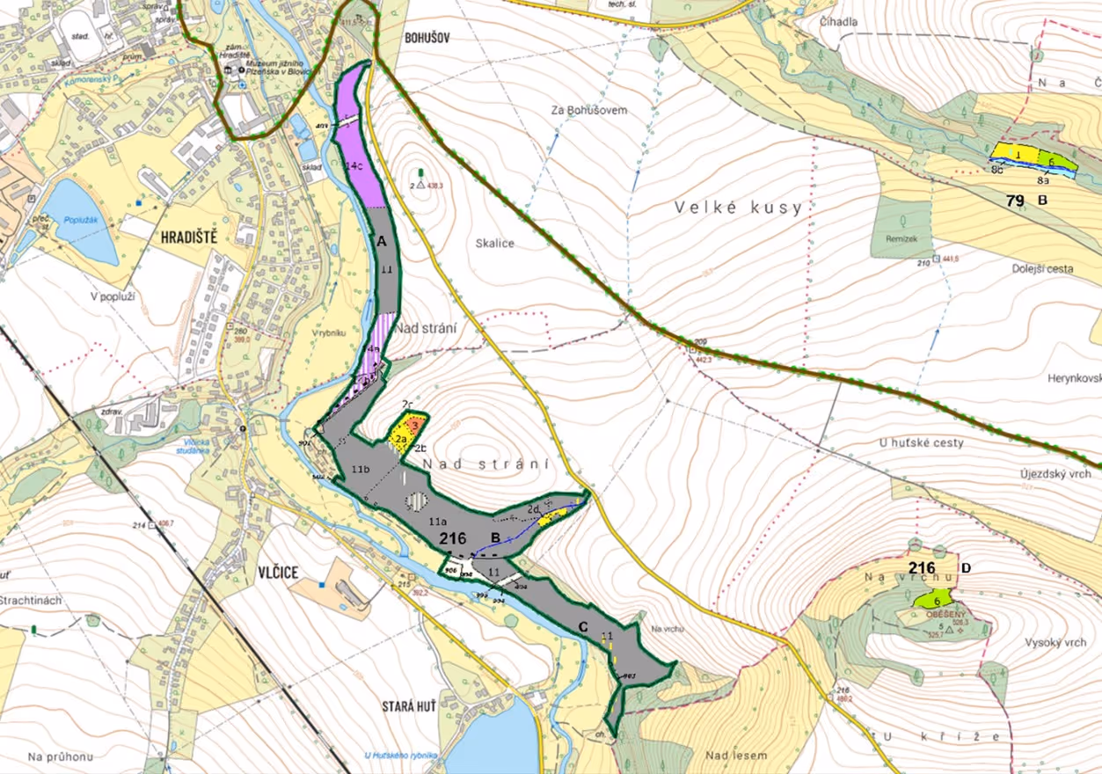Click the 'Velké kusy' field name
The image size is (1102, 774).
739,208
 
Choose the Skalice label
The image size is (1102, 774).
495,244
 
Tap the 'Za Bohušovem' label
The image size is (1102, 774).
588,110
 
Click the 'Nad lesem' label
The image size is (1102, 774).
736,755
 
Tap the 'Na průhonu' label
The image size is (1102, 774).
60,756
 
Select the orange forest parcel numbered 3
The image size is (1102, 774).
416,424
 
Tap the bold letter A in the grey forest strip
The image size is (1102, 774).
382,240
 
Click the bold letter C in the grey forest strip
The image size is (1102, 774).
582,627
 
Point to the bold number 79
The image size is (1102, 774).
1016,201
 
